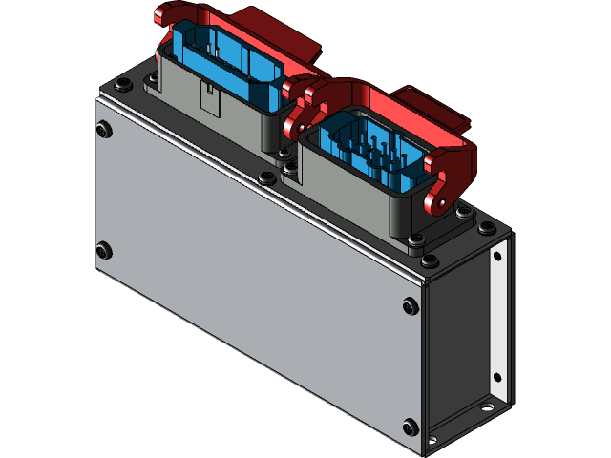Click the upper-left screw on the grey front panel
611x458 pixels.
pyautogui.click(x=104, y=127)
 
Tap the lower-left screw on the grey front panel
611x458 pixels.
pyautogui.click(x=104, y=251)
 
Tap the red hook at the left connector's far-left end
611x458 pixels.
pyautogui.click(x=161, y=16)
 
